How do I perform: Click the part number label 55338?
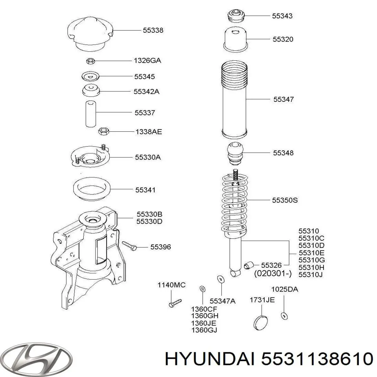pos(153,30)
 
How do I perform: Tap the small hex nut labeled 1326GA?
pos(90,61)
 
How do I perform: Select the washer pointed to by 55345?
pos(90,76)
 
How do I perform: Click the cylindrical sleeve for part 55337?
pos(91,113)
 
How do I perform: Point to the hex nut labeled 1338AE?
pos(103,131)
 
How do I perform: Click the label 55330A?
pos(148,157)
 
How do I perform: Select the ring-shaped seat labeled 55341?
pos(91,189)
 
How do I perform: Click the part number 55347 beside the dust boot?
pos(283,99)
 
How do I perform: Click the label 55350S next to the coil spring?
pos(285,200)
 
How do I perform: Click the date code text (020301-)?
pos(273,273)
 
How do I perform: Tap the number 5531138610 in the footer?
pos(316,358)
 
